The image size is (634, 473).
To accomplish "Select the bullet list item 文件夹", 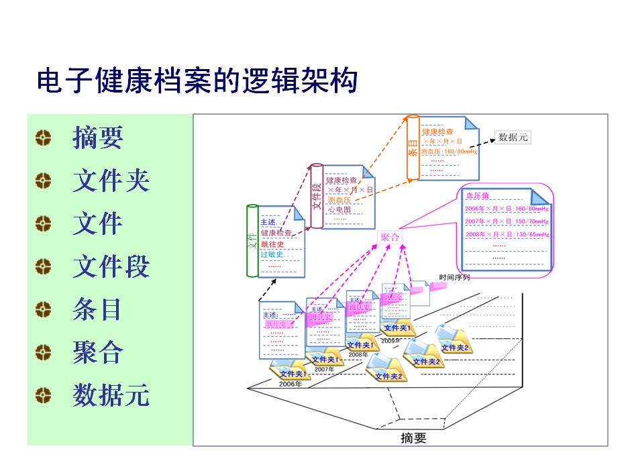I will click(x=111, y=181).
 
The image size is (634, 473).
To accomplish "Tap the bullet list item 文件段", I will click(x=111, y=267).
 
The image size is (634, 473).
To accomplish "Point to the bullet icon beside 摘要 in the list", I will click(x=43, y=138).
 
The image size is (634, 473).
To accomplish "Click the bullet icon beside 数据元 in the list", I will click(x=43, y=395).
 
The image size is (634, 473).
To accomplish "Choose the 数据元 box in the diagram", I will click(x=513, y=138).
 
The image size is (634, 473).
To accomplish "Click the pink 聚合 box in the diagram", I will click(x=390, y=238).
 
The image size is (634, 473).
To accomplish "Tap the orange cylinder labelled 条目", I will click(x=413, y=148).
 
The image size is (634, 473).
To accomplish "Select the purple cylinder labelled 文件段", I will click(x=317, y=195).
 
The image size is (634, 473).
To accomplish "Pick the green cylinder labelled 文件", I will click(x=252, y=240).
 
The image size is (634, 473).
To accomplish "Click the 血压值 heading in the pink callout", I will click(x=478, y=196).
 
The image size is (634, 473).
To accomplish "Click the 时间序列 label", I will click(x=454, y=276).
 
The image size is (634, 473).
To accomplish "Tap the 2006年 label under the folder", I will click(x=290, y=384).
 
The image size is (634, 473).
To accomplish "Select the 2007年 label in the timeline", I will click(x=325, y=369).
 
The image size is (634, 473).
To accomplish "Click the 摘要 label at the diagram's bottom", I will click(x=413, y=439).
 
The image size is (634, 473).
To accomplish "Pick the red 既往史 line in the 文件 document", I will click(x=273, y=244).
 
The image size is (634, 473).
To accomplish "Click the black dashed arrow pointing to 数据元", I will click(x=482, y=142).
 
